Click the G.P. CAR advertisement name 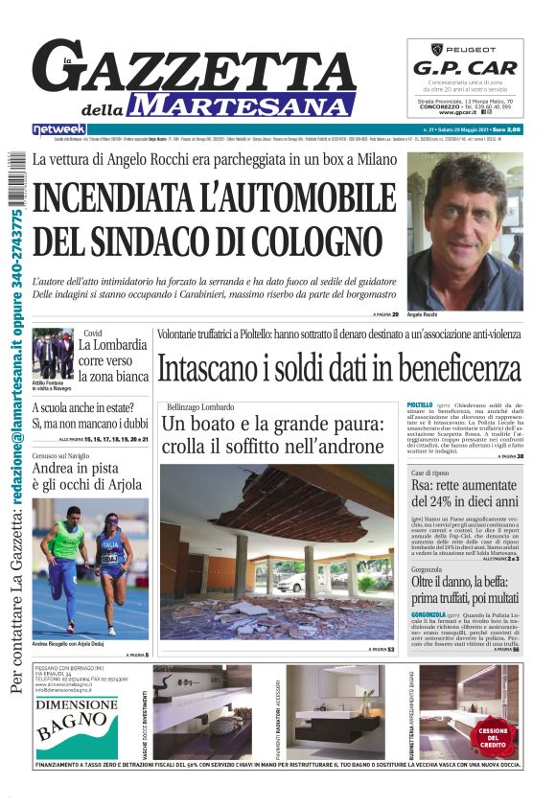pyautogui.click(x=465, y=68)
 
